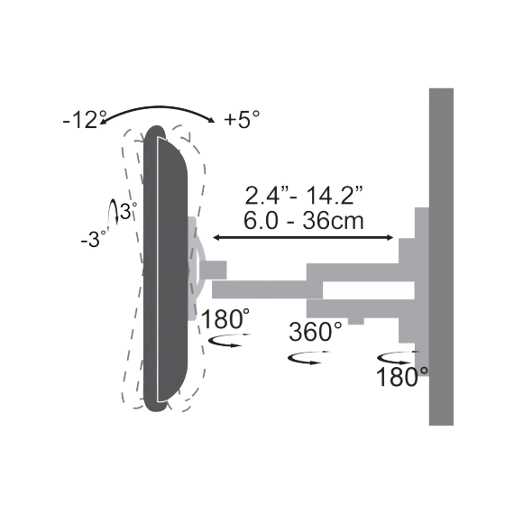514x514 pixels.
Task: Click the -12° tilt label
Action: tap(86, 119)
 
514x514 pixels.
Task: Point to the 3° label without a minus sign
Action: tap(132, 210)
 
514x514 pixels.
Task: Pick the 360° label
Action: tap(316, 331)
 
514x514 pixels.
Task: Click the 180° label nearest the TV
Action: tap(226, 319)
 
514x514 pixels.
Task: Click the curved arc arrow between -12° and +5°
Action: tap(162, 107)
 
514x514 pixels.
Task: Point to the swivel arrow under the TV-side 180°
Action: tap(227, 341)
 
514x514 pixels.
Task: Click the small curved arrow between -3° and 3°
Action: tap(114, 213)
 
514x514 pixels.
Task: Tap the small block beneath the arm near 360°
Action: tap(356, 318)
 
